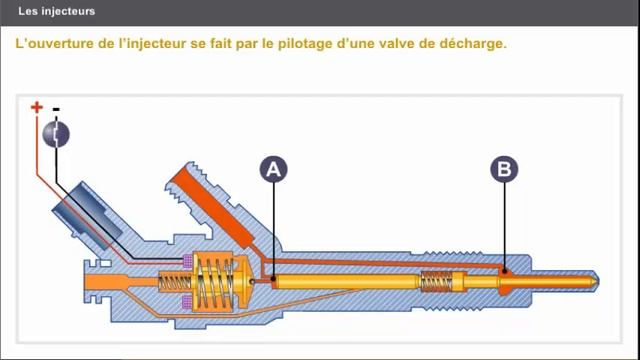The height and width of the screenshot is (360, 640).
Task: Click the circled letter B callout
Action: pos(504,170)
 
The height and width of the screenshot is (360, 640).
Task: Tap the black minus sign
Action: pos(56,108)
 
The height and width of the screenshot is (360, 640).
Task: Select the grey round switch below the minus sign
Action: pos(57,134)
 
